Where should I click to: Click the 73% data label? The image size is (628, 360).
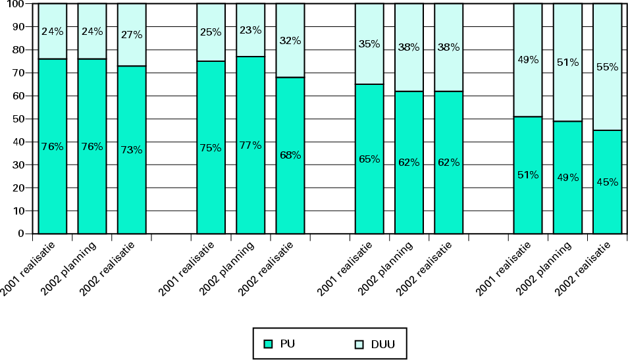click(132, 149)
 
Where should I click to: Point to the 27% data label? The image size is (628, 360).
click(132, 35)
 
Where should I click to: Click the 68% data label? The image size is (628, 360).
click(290, 155)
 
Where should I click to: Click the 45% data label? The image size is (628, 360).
click(607, 182)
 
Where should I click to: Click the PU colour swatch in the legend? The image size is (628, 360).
click(268, 344)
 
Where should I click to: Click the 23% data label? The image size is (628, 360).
click(250, 30)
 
